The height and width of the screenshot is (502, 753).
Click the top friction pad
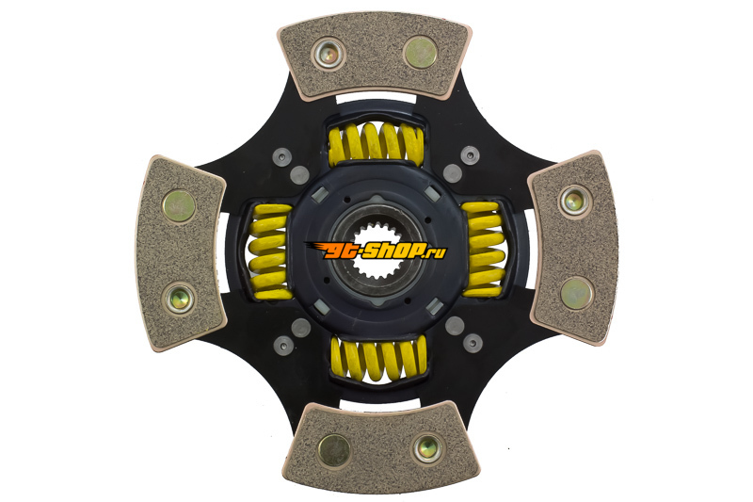[375, 56]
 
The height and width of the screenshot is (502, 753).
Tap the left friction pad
[180, 253]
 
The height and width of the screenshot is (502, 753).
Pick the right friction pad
[573, 248]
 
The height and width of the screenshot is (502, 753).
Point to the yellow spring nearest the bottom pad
[379, 358]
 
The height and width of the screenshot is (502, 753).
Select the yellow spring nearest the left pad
[271, 251]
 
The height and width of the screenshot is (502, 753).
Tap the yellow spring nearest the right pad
[484, 250]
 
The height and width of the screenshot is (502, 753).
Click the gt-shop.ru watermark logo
[376, 251]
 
